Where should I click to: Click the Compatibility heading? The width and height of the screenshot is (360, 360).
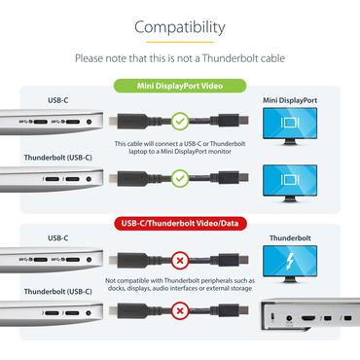180,27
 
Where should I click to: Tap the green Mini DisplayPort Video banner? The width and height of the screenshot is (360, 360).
180,86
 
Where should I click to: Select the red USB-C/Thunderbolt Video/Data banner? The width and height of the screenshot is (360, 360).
180,223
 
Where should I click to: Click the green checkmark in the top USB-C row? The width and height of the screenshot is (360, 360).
180,123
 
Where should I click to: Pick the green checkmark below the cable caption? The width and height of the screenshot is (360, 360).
180,178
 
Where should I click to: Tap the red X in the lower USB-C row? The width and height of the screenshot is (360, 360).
180,260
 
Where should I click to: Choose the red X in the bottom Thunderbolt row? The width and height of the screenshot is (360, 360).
180,312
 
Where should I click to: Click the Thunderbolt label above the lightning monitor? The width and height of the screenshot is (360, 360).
295,236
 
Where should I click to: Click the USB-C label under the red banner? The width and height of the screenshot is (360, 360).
57,236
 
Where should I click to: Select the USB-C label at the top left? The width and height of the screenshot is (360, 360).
57,100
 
